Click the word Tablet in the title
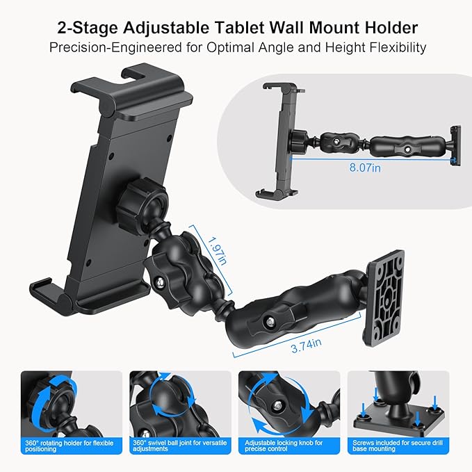click(261, 29)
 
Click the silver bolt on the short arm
click(161, 282)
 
